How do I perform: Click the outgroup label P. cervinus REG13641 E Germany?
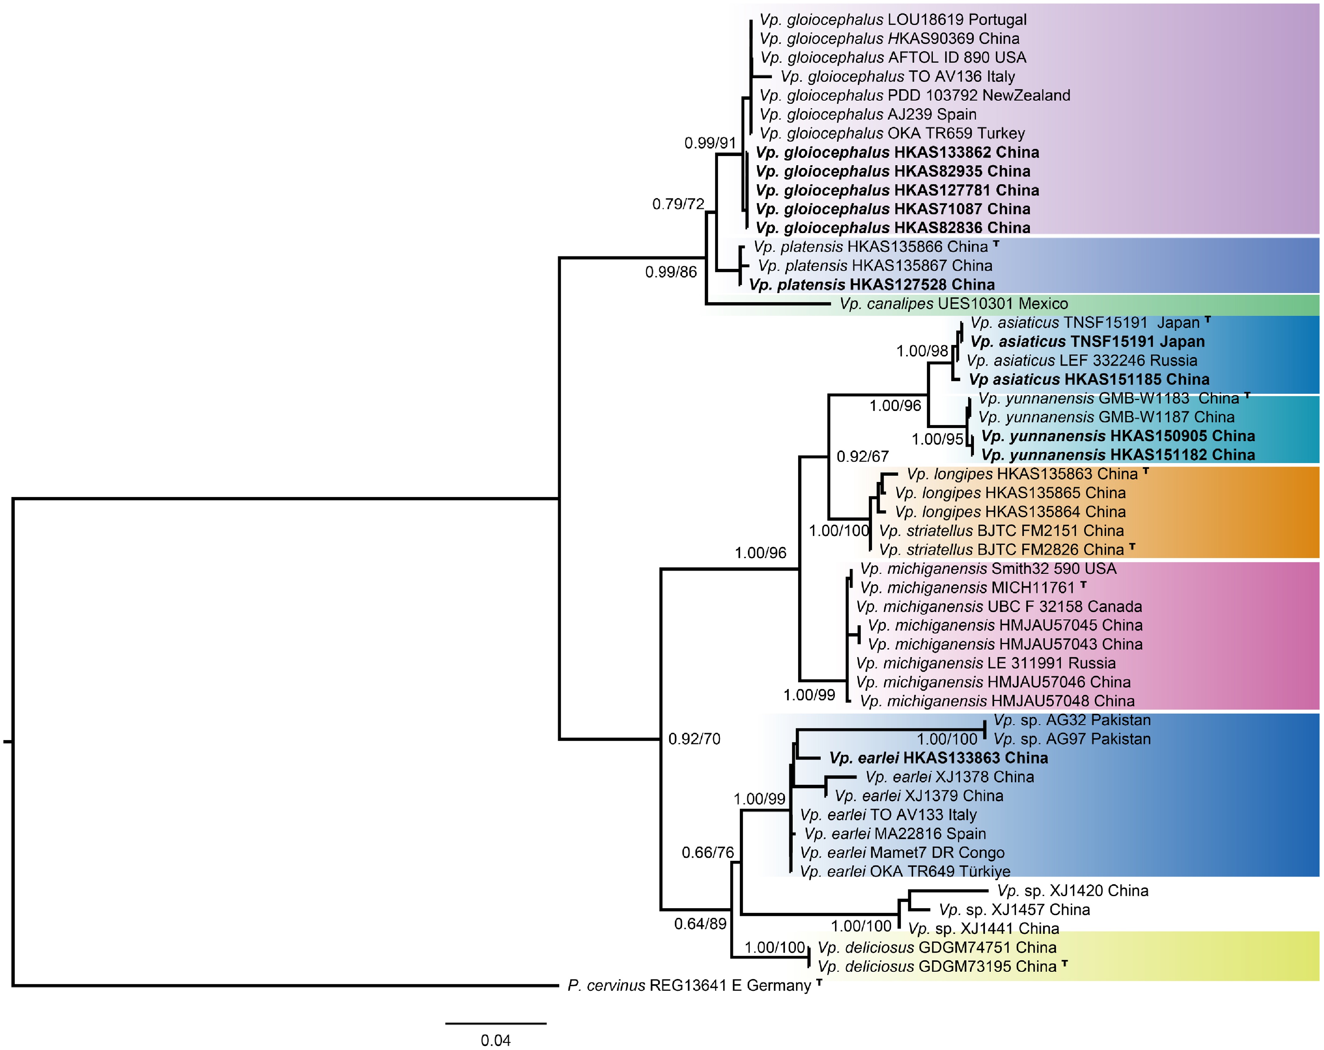[x=689, y=986]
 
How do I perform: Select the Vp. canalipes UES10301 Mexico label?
[x=954, y=303]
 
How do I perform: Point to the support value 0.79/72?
[x=678, y=204]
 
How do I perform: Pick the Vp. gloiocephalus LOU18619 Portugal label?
[x=893, y=20]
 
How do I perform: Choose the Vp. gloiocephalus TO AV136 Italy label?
[x=898, y=77]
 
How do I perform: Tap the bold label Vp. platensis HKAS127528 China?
[x=872, y=284]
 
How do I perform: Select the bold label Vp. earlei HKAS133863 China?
[x=938, y=758]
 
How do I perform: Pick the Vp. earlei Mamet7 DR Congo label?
[x=902, y=853]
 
